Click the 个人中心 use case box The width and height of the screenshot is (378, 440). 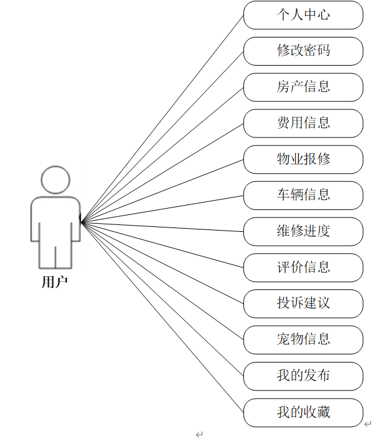(303, 15)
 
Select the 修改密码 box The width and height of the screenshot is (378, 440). (303, 51)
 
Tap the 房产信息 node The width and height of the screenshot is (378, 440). (303, 87)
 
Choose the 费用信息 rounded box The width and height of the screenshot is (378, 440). (303, 123)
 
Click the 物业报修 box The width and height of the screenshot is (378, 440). (303, 159)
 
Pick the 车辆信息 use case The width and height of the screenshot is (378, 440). (303, 196)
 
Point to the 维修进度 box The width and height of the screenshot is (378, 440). (303, 232)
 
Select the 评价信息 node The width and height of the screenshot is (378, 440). (303, 268)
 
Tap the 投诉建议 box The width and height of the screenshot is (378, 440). (303, 304)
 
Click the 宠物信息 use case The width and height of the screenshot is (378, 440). (303, 340)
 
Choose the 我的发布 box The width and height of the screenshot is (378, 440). (303, 376)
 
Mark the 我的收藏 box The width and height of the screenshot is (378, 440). (303, 412)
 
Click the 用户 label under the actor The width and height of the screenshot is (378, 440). (55, 282)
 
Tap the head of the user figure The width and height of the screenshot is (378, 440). (56, 179)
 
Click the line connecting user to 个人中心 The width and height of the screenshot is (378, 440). (162, 119)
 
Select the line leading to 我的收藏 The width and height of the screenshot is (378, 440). (162, 316)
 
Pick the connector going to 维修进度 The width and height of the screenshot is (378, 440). (162, 227)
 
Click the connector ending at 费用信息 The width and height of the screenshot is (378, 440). (162, 173)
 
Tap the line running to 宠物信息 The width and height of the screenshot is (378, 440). (162, 281)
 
